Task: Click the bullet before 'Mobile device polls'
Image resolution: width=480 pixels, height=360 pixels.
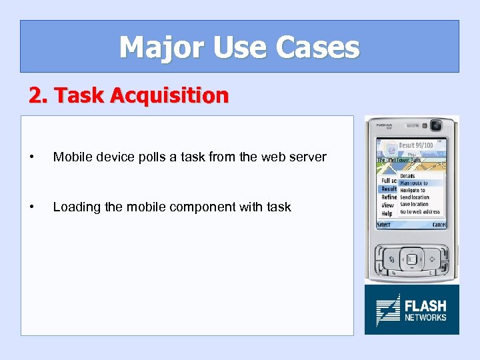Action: [33, 157]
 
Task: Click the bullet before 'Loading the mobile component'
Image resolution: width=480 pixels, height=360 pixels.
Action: [33, 207]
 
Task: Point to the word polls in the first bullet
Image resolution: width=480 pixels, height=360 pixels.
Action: [155, 157]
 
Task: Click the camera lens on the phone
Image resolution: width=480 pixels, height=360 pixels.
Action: [437, 125]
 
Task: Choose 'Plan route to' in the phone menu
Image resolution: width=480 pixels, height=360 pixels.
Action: [413, 183]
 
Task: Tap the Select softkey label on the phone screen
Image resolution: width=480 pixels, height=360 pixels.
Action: [384, 225]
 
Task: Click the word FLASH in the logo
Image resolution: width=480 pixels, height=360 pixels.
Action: [425, 306]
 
